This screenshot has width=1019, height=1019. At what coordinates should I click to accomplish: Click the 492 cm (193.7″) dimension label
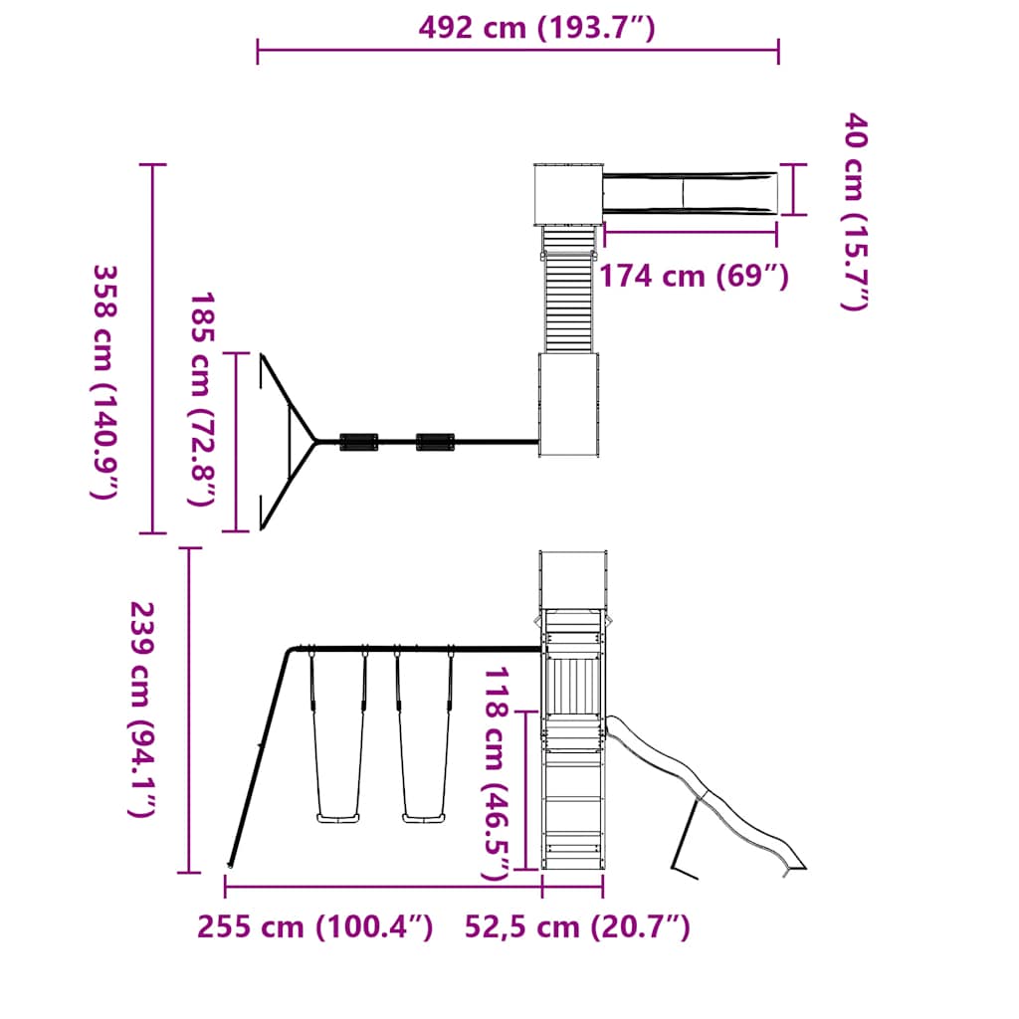coord(536,28)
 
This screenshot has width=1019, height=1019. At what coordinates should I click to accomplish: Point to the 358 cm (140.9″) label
coord(105,381)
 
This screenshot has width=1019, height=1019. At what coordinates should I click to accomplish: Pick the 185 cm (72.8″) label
coord(203,398)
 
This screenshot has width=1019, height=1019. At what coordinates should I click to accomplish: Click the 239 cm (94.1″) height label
coord(142,710)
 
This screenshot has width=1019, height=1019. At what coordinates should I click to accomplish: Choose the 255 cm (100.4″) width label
coord(315,927)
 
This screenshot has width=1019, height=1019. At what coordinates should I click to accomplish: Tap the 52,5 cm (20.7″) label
coord(577,927)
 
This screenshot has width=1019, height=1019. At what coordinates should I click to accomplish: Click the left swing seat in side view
coord(338,819)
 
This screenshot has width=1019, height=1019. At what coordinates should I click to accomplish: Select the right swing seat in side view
coord(424,819)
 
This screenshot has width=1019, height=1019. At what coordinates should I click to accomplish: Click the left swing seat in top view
coord(359,441)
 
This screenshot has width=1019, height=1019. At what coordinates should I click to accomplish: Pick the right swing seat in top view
coord(435,441)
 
